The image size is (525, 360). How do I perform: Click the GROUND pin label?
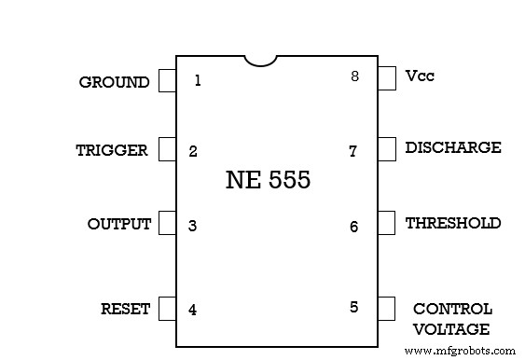[114, 82]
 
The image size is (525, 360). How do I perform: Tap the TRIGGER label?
[112, 150]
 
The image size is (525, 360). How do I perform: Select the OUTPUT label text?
[118, 225]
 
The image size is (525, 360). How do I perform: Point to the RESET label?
[125, 310]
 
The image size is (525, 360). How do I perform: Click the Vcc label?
[420, 76]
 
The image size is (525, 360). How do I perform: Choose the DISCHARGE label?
[452, 147]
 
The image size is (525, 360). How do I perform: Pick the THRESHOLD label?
[452, 224]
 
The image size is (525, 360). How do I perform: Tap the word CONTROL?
[452, 309]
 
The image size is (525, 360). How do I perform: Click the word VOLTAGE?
[452, 329]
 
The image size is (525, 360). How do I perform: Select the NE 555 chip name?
[268, 180]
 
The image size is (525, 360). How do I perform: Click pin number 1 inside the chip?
[198, 80]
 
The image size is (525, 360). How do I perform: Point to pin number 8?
[354, 76]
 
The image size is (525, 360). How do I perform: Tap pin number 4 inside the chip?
[193, 310]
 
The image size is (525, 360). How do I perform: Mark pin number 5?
[353, 307]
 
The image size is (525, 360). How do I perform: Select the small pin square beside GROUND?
[167, 81]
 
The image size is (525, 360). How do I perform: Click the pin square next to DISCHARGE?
[386, 148]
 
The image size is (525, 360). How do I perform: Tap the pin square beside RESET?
[167, 309]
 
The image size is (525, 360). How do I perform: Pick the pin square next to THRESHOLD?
[386, 224]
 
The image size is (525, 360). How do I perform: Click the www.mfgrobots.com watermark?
[460, 351]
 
